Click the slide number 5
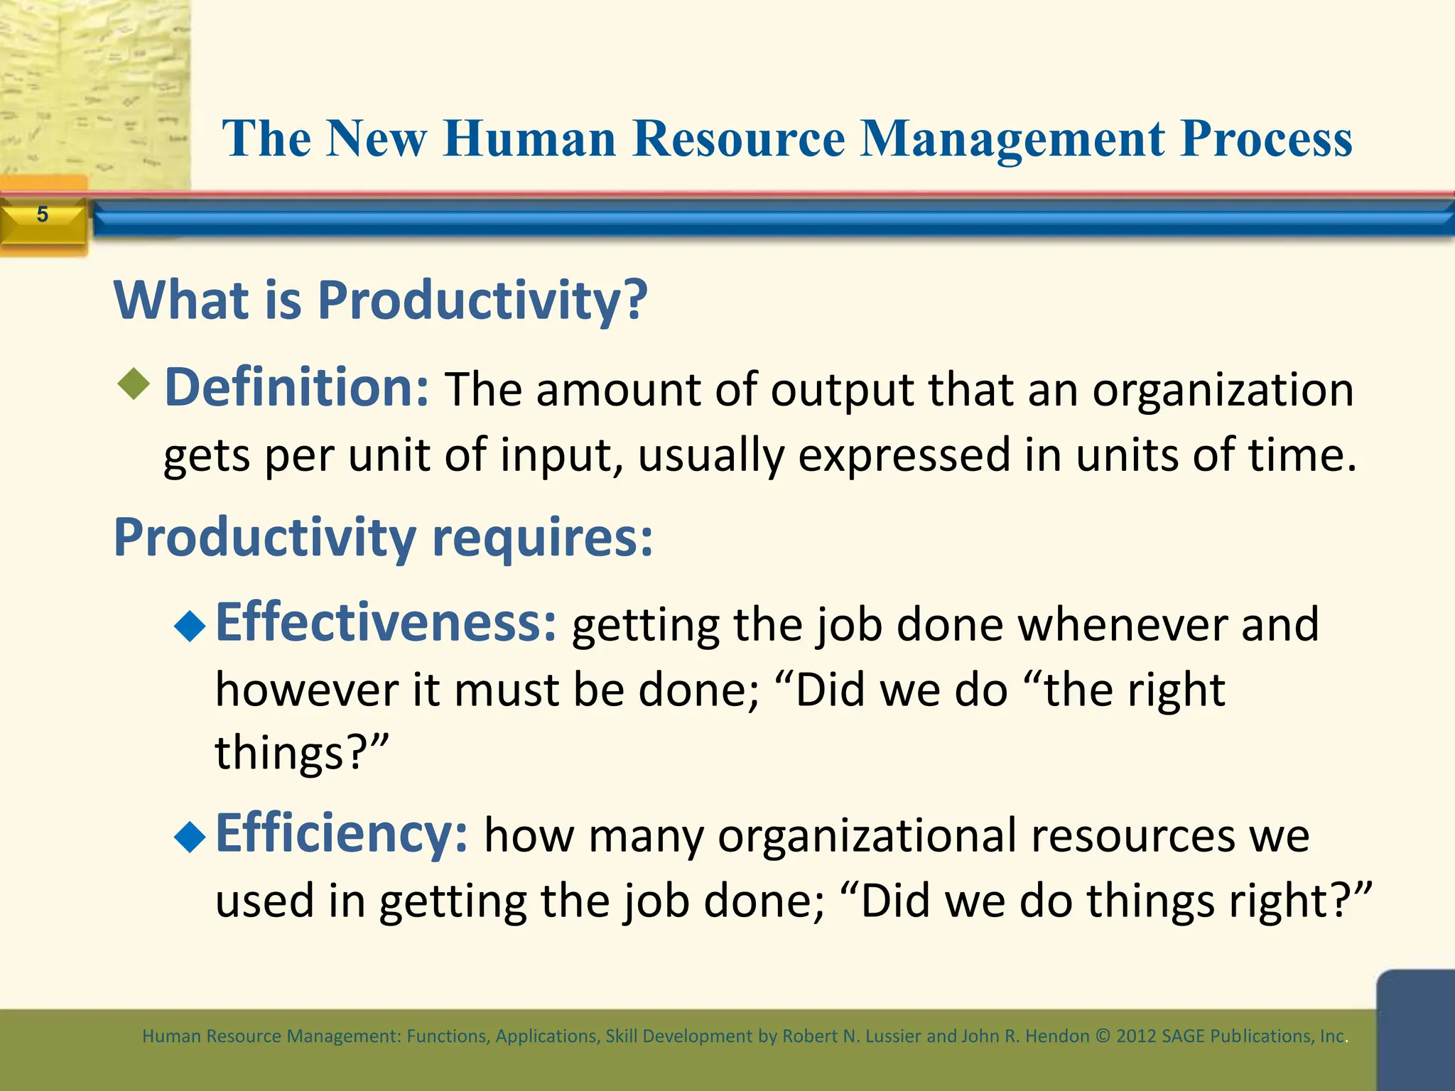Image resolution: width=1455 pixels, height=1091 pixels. click(x=43, y=215)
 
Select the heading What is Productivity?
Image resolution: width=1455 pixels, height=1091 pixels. click(x=380, y=300)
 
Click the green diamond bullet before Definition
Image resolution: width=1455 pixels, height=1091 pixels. click(x=134, y=384)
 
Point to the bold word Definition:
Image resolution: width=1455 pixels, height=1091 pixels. click(x=296, y=389)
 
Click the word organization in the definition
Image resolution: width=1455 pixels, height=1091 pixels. click(x=1223, y=391)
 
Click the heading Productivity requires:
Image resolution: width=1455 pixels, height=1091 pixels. click(x=383, y=538)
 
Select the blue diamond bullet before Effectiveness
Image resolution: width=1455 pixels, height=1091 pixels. click(x=190, y=626)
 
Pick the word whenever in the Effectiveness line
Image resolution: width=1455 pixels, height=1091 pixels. click(x=1123, y=626)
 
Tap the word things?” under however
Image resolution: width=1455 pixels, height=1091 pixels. click(x=302, y=754)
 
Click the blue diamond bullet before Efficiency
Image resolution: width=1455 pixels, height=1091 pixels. click(x=190, y=837)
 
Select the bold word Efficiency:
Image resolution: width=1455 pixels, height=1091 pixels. click(x=341, y=835)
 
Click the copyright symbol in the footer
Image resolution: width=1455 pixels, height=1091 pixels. click(x=1103, y=1036)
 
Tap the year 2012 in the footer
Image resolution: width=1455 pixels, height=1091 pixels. click(x=1136, y=1036)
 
